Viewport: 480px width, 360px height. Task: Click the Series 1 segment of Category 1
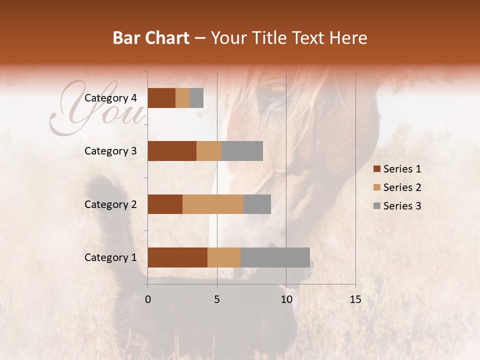177,257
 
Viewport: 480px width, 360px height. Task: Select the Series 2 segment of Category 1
224,257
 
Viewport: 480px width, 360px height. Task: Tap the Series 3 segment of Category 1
275,257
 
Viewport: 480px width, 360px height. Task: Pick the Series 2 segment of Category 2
213,204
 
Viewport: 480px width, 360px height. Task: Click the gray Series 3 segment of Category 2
257,204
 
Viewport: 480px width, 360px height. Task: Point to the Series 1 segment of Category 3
172,151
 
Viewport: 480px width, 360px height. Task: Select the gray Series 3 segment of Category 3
242,151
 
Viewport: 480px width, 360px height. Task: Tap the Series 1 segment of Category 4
161,98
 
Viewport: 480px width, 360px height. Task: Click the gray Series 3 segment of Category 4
196,98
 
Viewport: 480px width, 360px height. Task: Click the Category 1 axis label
110,257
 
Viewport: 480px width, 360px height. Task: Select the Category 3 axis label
110,151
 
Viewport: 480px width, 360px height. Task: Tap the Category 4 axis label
110,98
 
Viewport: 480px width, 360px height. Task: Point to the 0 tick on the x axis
148,299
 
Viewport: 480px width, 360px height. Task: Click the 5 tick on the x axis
217,299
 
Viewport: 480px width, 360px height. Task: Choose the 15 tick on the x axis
355,299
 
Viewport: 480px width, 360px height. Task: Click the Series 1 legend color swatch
376,169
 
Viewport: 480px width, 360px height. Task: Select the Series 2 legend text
402,187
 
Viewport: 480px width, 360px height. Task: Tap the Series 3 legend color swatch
376,206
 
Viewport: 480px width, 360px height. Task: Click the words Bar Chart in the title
151,38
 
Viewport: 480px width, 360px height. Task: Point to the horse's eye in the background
275,90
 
